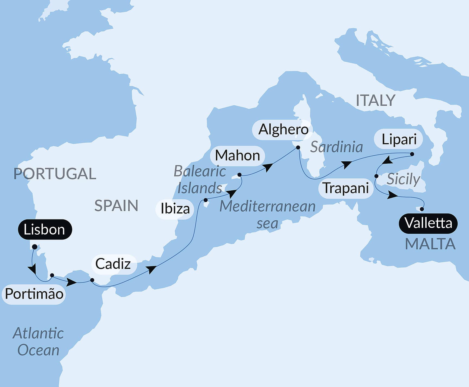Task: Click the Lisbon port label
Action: pyautogui.click(x=45, y=229)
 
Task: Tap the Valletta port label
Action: pyautogui.click(x=428, y=223)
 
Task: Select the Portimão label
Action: pyautogui.click(x=34, y=294)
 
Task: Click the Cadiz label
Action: pyautogui.click(x=113, y=264)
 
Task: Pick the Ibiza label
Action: pyautogui.click(x=175, y=209)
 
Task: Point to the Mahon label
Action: pyautogui.click(x=237, y=156)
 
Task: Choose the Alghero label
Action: pyautogui.click(x=283, y=130)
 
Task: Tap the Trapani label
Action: pyautogui.click(x=346, y=188)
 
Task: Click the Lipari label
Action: pyautogui.click(x=399, y=140)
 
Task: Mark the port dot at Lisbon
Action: pyautogui.click(x=34, y=247)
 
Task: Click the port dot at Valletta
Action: pyautogui.click(x=422, y=209)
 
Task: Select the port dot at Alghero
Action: pyautogui.click(x=298, y=147)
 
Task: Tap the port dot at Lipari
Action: pyautogui.click(x=412, y=154)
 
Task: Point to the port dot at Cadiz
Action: pyautogui.click(x=92, y=280)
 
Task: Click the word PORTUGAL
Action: pyautogui.click(x=55, y=174)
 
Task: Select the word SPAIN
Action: pyautogui.click(x=116, y=206)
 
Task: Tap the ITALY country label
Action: pyautogui.click(x=375, y=100)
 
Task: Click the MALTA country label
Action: pyautogui.click(x=430, y=244)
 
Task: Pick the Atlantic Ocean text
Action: pyautogui.click(x=38, y=342)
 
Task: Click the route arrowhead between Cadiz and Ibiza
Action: pyautogui.click(x=151, y=269)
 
